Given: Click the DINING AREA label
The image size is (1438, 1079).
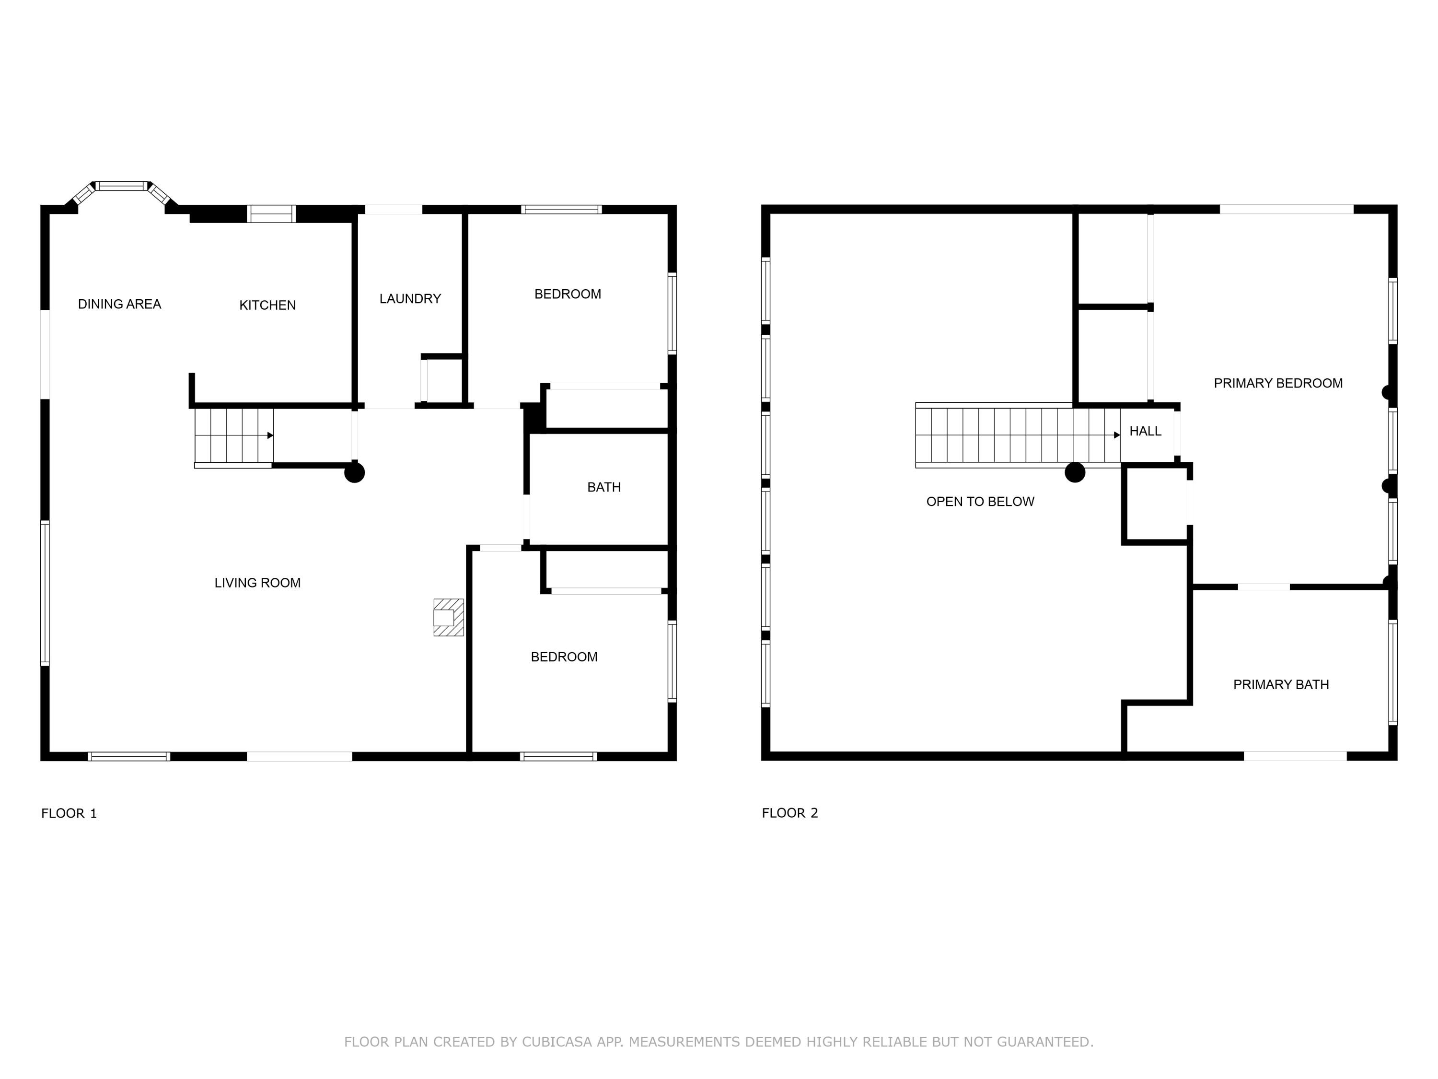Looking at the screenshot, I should click(120, 304).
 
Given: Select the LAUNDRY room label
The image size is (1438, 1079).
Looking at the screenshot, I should click(410, 299).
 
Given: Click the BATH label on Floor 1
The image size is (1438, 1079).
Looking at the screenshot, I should click(604, 487).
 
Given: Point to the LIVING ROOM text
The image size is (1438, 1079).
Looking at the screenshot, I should click(257, 583).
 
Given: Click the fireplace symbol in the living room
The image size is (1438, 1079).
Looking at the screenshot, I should click(448, 617).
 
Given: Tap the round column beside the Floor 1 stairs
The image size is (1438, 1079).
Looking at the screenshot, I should click(354, 472).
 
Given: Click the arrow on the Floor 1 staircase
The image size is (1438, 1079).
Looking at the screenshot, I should click(270, 435).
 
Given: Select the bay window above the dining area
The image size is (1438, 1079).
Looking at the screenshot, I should click(121, 187).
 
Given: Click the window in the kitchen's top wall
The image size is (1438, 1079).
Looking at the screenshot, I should click(272, 213).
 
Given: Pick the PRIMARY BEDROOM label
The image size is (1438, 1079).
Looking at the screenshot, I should click(1278, 383).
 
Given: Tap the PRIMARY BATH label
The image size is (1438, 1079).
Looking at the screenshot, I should click(1281, 684).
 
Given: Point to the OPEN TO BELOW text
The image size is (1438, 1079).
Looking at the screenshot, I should click(980, 502).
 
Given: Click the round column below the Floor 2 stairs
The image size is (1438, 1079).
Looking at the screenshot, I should click(1075, 472).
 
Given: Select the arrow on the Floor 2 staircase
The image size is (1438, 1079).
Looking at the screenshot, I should click(1117, 435).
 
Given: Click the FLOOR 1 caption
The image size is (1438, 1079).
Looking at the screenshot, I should click(69, 813).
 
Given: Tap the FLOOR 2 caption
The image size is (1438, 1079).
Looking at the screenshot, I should click(790, 813).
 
